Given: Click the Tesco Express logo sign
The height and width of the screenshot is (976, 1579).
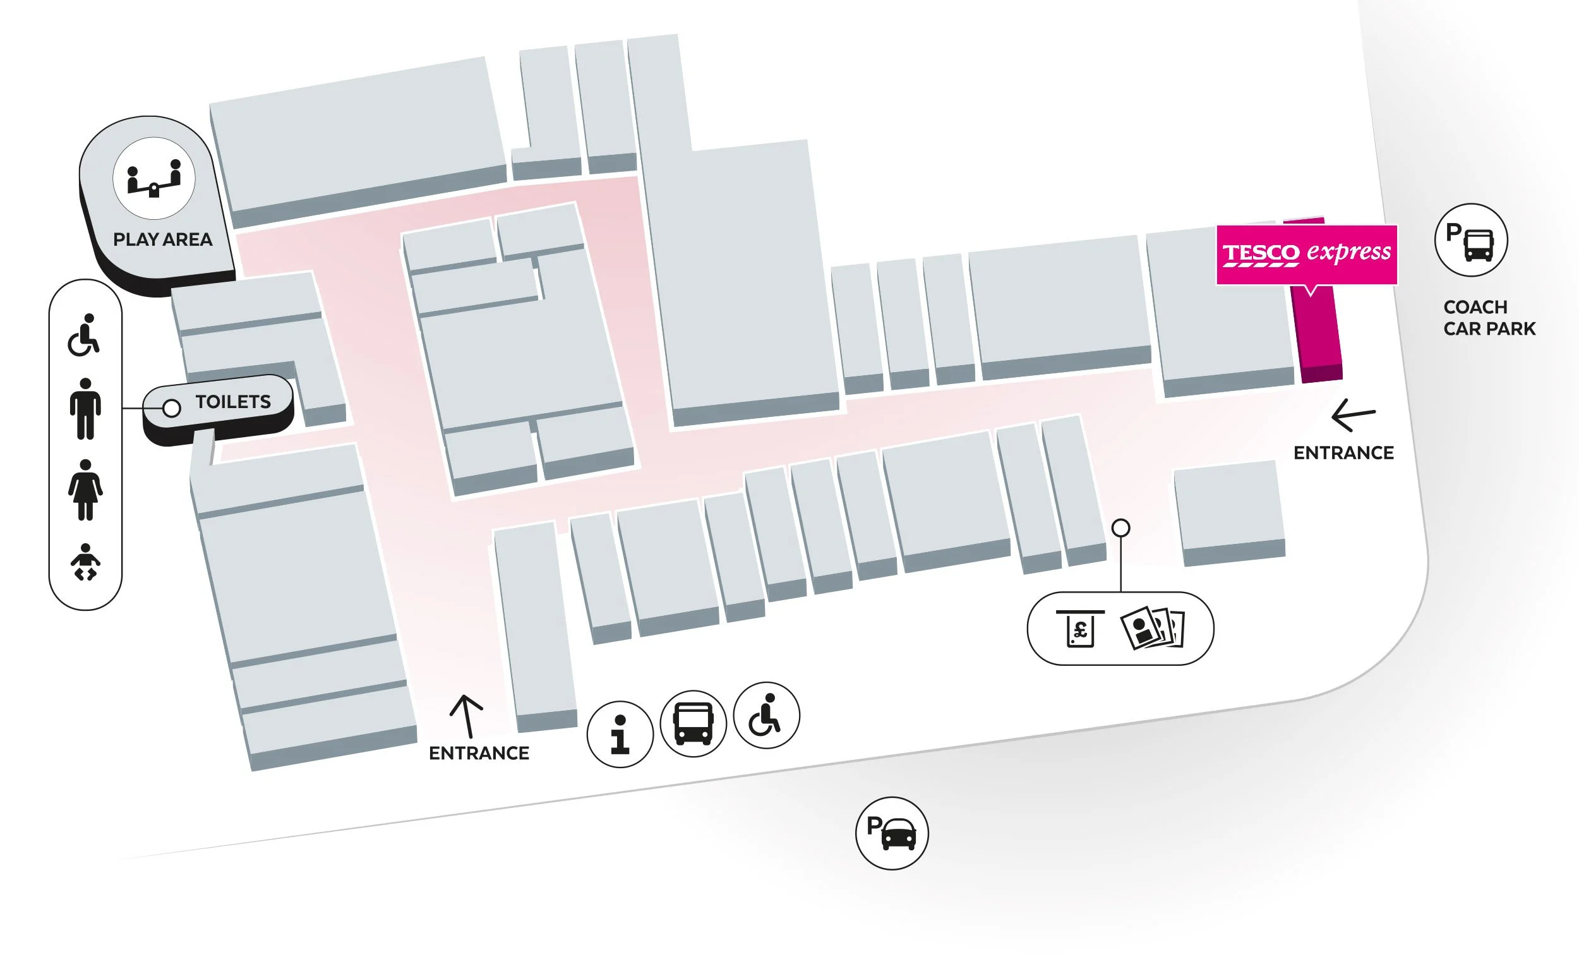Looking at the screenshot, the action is tap(1306, 254).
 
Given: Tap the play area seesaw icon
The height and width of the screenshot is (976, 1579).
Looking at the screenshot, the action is tap(153, 178).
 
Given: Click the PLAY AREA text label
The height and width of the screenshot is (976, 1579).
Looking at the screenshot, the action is tap(162, 239).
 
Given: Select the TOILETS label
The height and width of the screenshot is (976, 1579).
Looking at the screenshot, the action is tap(233, 402).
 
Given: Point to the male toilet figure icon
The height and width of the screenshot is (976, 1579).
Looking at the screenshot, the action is tap(85, 409).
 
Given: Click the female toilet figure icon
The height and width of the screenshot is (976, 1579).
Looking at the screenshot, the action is tap(85, 490).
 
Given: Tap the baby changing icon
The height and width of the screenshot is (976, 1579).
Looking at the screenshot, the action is tap(85, 562).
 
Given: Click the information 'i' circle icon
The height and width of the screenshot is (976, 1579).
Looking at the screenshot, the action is tap(620, 734).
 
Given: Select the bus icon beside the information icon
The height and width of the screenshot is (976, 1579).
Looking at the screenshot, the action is tap(693, 723).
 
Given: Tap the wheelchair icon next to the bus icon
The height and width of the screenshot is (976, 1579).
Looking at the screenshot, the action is tap(766, 714).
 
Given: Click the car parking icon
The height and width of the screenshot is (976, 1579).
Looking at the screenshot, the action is tap(891, 833).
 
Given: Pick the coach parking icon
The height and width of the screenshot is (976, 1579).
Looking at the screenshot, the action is tap(1470, 240).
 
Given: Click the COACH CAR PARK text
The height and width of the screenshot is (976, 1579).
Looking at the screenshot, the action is tap(1489, 318).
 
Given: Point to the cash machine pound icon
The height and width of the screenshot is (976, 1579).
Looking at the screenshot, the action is tap(1080, 628).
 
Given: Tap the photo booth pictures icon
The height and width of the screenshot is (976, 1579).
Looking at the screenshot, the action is tap(1152, 627).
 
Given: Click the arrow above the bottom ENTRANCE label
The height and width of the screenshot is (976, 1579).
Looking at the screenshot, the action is tap(466, 715).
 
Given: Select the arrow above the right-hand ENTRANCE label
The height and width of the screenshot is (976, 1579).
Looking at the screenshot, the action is tap(1352, 414).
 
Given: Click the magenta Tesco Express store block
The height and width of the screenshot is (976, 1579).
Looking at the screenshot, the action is tap(1318, 335).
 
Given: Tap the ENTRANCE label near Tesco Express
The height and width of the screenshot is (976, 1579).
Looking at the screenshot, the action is tap(1343, 452).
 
